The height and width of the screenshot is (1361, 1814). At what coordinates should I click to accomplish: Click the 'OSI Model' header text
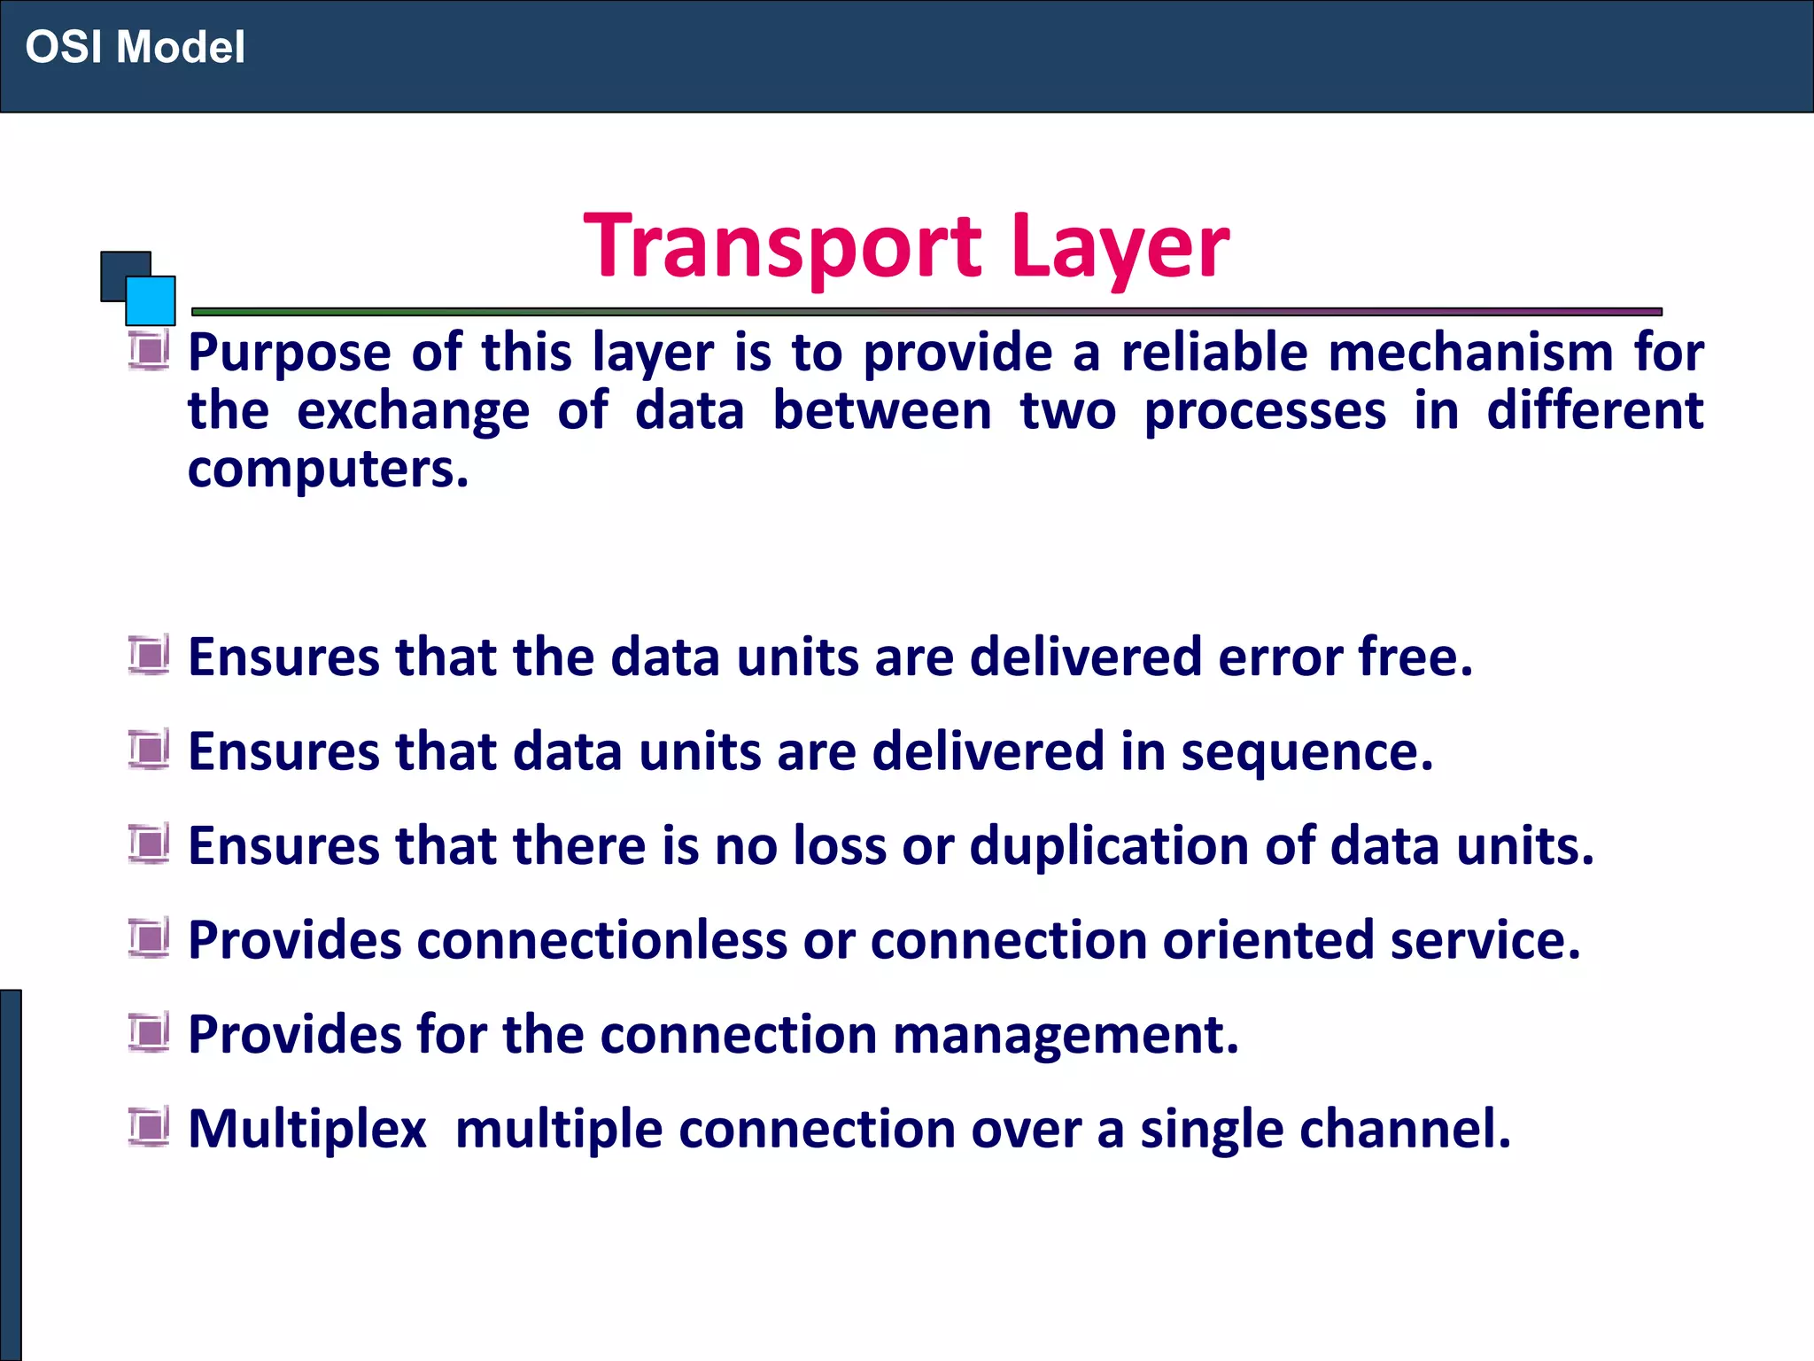tap(135, 47)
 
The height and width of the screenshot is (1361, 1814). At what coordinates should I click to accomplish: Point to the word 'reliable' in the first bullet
tap(1214, 352)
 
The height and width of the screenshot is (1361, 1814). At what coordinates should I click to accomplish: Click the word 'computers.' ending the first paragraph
tap(328, 469)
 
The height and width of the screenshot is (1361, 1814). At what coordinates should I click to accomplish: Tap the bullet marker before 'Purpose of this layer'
tap(149, 349)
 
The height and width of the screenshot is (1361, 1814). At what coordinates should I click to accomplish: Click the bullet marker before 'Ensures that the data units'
tap(149, 656)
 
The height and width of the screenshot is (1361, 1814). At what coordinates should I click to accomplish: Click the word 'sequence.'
tap(1306, 753)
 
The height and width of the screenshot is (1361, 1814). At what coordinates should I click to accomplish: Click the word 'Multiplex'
tap(307, 1131)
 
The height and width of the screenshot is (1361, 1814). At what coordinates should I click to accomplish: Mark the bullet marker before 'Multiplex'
tap(149, 1127)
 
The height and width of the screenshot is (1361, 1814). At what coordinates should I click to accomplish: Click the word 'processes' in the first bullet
tap(1264, 412)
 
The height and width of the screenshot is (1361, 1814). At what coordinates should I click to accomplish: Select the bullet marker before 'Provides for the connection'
tap(149, 1032)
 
